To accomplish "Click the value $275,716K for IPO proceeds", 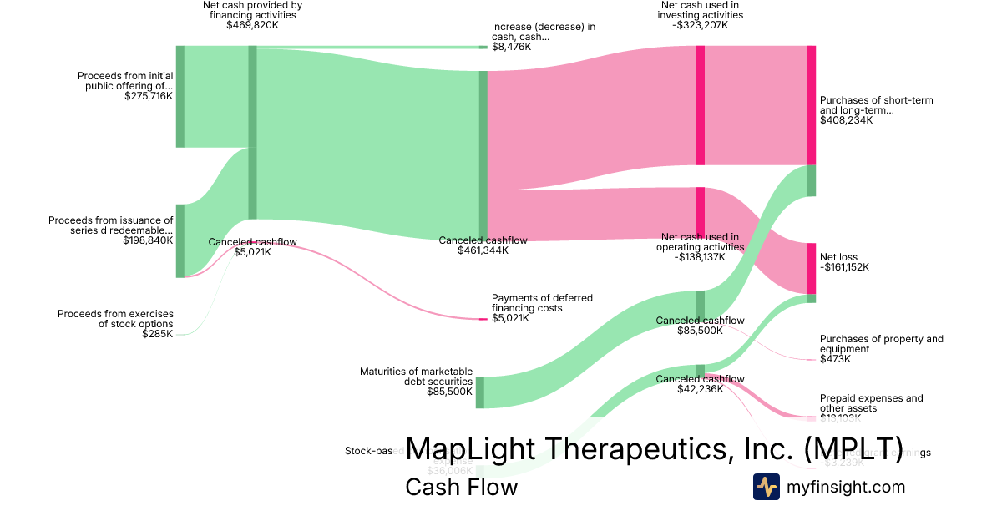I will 148,96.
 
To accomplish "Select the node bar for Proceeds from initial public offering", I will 180,96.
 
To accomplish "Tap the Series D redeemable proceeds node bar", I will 180,240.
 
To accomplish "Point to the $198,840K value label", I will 148,240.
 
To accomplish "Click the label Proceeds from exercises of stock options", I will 115,319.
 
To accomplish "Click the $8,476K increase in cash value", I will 511,47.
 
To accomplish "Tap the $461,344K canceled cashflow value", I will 483,250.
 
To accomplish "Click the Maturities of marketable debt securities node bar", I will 480,392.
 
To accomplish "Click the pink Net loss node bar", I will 811,268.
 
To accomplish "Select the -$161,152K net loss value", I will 844,268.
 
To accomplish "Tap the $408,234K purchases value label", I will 846,120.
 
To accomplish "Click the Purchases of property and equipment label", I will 881,344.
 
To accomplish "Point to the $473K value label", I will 835,359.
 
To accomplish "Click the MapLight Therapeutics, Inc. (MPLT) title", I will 654,449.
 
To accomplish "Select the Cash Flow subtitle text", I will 461,487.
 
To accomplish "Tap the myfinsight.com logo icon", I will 766,487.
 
